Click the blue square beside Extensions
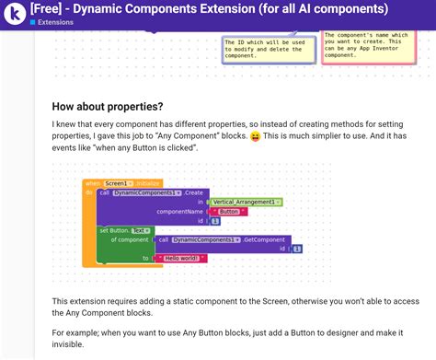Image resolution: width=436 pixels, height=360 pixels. pyautogui.click(x=33, y=22)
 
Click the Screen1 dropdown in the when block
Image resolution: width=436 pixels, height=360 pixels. pyautogui.click(x=118, y=183)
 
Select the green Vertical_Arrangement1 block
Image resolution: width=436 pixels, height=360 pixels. pyautogui.click(x=245, y=201)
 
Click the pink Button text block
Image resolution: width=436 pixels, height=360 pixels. pyautogui.click(x=229, y=211)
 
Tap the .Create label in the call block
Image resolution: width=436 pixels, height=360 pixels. pyautogui.click(x=193, y=192)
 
